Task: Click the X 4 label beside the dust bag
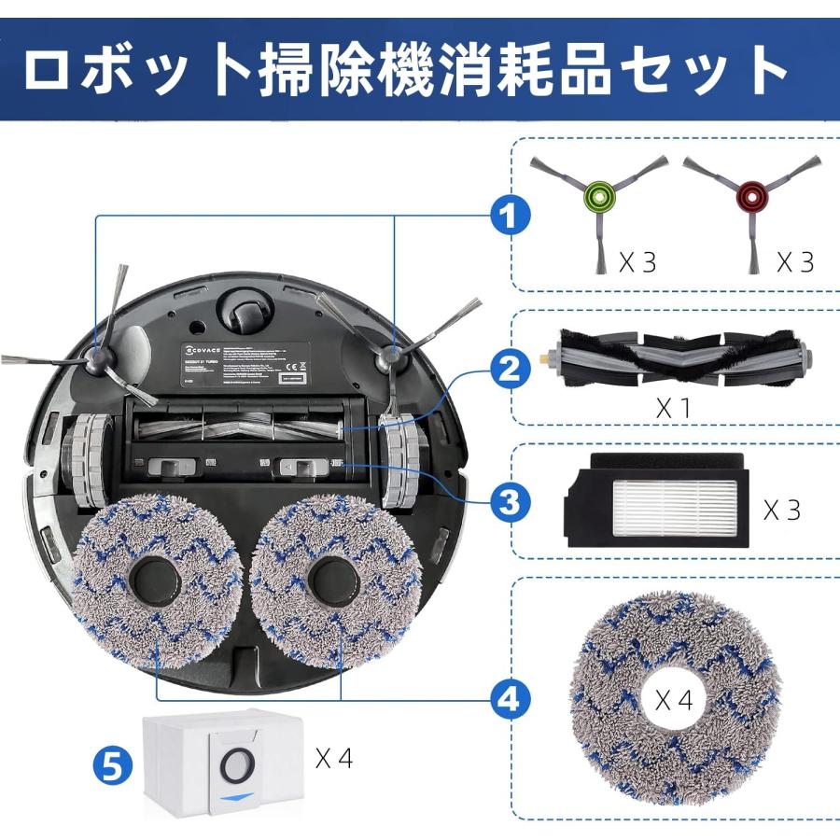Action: click(x=333, y=758)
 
